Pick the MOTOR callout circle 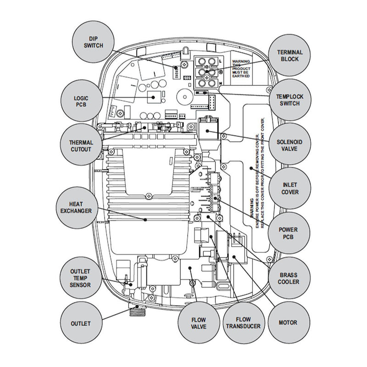click(x=288, y=323)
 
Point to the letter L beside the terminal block click(x=221, y=61)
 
